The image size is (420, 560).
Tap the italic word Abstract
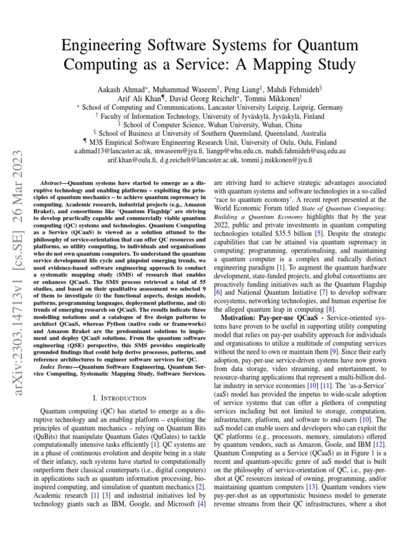[x=57, y=180]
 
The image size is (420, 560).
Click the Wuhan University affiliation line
[x=210, y=124]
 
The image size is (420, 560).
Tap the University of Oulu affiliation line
[x=210, y=142]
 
